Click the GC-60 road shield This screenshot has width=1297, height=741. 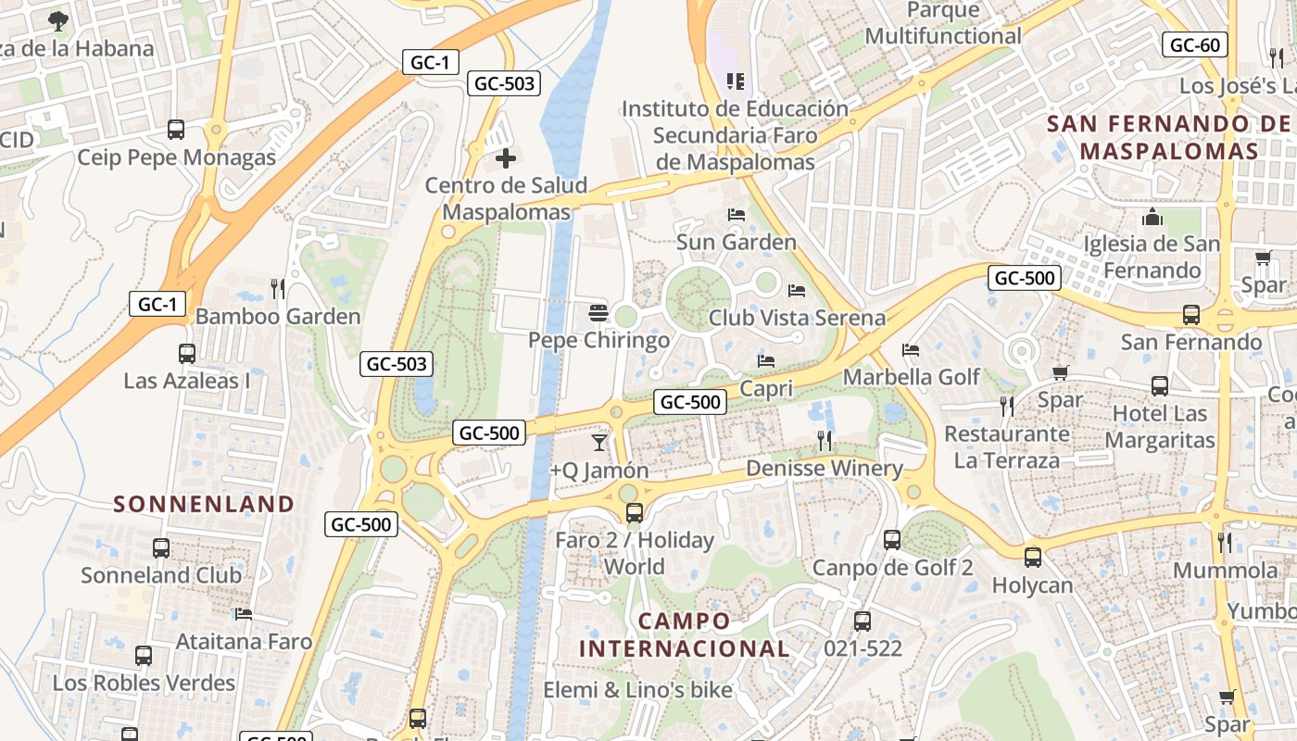(1195, 44)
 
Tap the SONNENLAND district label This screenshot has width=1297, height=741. (204, 504)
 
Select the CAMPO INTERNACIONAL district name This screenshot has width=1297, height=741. (685, 634)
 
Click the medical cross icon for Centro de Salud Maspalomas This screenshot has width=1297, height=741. (506, 158)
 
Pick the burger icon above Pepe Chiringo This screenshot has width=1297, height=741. (598, 313)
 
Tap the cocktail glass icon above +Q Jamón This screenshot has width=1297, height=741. (599, 443)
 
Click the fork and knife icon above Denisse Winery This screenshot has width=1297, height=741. (825, 440)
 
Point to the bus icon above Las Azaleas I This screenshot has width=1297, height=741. (187, 353)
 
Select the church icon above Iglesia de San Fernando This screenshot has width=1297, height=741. (1152, 217)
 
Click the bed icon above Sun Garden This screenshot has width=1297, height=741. (737, 215)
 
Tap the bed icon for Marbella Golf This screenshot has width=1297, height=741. (911, 350)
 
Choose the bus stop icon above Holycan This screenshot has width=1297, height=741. (1033, 558)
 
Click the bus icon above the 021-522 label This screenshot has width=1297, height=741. (863, 621)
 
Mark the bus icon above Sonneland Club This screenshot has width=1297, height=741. (161, 547)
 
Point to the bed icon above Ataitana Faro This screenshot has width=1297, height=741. (244, 613)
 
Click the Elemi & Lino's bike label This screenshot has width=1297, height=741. (637, 690)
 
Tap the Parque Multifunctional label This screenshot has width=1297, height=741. (943, 24)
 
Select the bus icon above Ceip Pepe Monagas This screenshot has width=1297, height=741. (176, 130)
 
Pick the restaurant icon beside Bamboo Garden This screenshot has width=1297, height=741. (278, 289)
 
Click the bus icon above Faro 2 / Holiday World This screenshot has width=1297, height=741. (635, 512)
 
